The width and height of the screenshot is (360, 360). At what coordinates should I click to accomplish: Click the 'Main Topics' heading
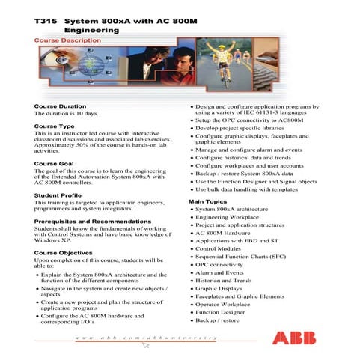209,202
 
